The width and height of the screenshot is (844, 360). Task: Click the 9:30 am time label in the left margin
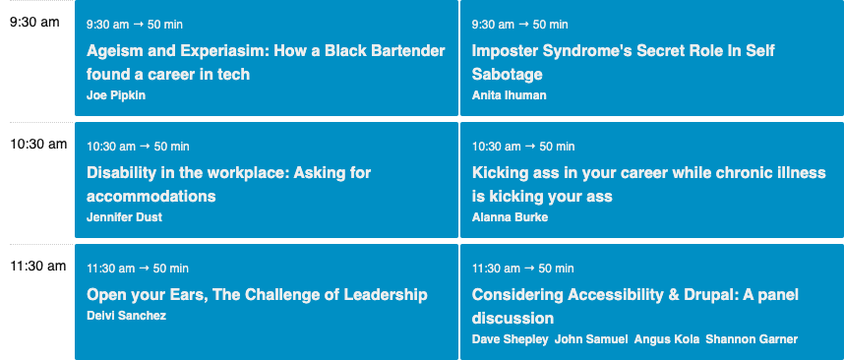(x=35, y=23)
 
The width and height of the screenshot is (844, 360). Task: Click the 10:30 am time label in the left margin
(x=38, y=145)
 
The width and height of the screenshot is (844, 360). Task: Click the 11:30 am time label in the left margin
(x=38, y=267)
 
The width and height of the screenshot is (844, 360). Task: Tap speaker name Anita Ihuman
(x=509, y=95)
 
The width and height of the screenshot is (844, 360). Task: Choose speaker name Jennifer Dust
(x=124, y=217)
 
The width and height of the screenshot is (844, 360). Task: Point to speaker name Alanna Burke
(x=510, y=217)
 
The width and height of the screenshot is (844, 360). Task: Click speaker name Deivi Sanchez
(x=126, y=316)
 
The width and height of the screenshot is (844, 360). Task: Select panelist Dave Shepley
(x=510, y=339)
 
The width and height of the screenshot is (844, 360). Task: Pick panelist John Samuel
(x=590, y=339)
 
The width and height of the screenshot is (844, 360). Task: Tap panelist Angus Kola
(x=667, y=339)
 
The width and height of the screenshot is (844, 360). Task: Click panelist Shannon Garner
(x=752, y=339)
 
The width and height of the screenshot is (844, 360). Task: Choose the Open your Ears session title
(x=257, y=294)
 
